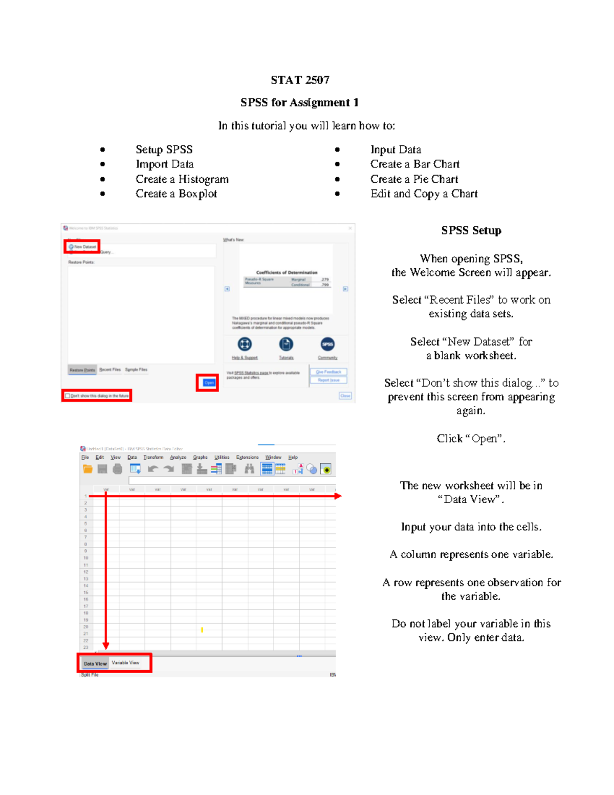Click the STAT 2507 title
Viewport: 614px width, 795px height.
300,80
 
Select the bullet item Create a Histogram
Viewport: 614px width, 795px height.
182,179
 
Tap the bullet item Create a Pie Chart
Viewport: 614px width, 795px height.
414,179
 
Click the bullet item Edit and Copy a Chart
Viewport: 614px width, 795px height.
424,194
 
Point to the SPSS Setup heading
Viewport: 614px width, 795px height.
471,230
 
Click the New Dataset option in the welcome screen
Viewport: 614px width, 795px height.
82,247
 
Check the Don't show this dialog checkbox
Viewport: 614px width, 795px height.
68,396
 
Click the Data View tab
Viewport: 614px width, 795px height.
95,663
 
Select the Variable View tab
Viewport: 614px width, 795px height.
125,663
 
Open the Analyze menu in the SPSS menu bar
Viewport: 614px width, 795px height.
178,457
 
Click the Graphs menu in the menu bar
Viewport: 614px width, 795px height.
200,457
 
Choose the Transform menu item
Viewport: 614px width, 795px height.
153,457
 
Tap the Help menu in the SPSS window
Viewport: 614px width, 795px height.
293,457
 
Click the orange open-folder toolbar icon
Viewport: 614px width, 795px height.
87,469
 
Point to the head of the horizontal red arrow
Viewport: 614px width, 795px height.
338,496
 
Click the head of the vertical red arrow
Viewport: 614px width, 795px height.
106,646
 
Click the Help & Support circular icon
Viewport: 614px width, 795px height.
245,344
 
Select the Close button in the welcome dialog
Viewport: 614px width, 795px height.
345,396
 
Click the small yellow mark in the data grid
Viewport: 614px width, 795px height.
202,630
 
